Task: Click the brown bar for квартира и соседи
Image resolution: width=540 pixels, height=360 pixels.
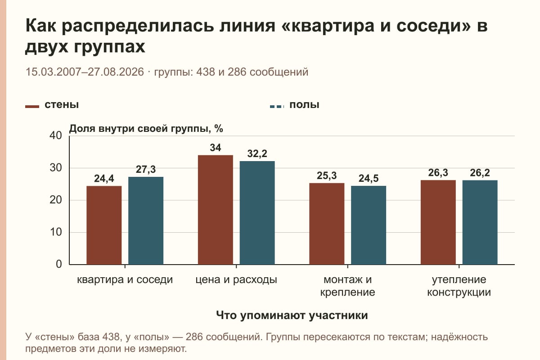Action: click(104, 225)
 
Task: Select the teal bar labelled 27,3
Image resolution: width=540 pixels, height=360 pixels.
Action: click(146, 220)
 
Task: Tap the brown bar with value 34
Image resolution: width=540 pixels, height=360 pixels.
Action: click(215, 210)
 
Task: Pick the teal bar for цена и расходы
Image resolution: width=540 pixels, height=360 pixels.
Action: click(257, 213)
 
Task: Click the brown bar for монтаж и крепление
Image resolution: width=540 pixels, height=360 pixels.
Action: click(327, 224)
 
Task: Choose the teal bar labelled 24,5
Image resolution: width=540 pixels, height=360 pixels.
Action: click(369, 225)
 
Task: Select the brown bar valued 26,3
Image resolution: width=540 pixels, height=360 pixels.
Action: click(438, 222)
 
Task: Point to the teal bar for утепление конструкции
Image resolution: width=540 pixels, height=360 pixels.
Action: click(480, 222)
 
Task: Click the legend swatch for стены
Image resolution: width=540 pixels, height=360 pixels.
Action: click(32, 107)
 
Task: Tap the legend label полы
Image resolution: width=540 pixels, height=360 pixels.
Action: click(304, 105)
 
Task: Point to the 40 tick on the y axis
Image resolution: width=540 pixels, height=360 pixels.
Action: click(56, 135)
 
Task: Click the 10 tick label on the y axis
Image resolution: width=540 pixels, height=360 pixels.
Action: click(56, 232)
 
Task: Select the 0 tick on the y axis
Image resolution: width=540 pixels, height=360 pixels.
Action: click(59, 264)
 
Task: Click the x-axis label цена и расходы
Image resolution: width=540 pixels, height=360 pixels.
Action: click(236, 279)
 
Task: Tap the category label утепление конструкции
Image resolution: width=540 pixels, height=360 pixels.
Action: click(459, 286)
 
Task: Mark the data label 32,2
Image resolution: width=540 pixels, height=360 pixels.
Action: click(257, 153)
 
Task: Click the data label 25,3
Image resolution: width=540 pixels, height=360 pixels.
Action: click(327, 176)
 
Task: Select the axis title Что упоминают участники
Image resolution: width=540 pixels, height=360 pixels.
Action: click(292, 315)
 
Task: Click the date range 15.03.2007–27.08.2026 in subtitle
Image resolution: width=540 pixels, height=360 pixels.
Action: click(85, 72)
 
